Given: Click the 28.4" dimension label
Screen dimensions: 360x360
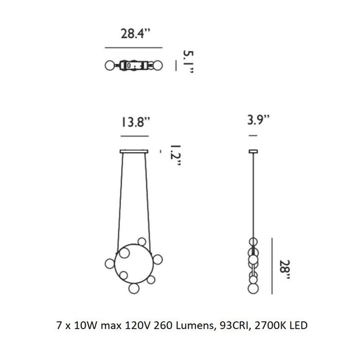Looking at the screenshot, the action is point(135,34).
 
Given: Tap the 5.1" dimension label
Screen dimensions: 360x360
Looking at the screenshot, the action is point(189,61).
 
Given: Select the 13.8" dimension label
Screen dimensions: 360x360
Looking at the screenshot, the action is point(135,122).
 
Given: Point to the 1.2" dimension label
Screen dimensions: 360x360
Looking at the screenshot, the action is point(176,155).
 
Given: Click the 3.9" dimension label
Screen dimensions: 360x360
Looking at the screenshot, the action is point(258,120).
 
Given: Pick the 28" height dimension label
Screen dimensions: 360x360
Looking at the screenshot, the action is point(285,269).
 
